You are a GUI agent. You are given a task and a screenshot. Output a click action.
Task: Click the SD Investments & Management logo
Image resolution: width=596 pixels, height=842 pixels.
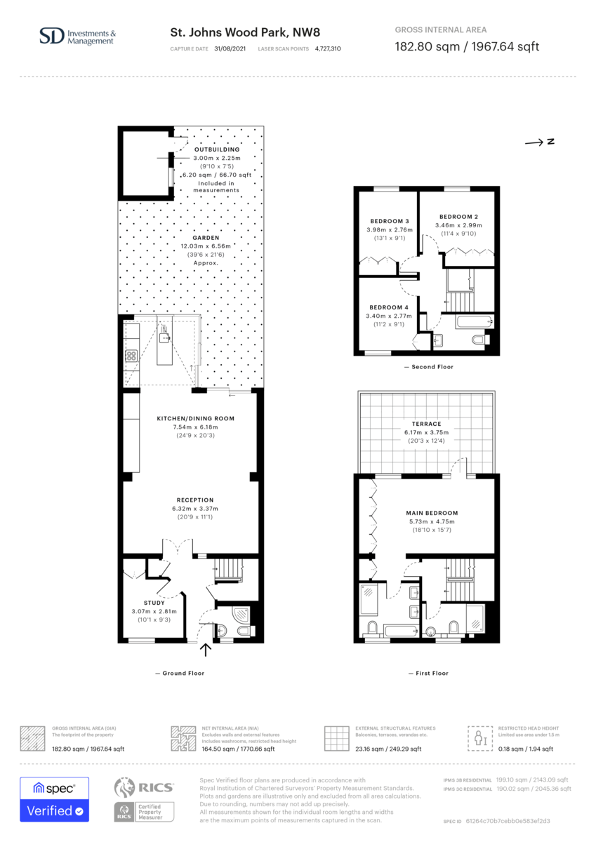pyautogui.click(x=77, y=36)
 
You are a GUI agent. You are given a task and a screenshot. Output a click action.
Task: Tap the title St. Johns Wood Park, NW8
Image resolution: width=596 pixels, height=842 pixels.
pyautogui.click(x=245, y=33)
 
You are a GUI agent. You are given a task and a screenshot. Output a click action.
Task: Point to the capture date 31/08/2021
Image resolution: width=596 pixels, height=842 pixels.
pyautogui.click(x=230, y=49)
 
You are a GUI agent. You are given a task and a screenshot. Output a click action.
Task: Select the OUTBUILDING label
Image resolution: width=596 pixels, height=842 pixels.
pyautogui.click(x=217, y=149)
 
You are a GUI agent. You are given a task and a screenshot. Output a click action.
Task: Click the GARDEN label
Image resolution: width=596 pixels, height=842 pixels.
pyautogui.click(x=206, y=238)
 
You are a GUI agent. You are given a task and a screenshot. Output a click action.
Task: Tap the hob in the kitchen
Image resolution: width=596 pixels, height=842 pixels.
pyautogui.click(x=131, y=356)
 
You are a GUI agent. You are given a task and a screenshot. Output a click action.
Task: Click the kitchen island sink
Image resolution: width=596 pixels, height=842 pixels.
pyautogui.click(x=164, y=338)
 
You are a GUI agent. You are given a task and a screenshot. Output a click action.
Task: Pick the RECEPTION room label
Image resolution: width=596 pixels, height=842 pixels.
pyautogui.click(x=195, y=500)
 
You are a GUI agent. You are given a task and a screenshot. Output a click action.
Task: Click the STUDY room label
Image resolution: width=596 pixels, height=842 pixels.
pyautogui.click(x=154, y=603)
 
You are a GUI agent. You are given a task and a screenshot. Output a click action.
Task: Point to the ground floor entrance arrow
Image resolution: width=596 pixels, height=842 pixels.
pyautogui.click(x=205, y=650)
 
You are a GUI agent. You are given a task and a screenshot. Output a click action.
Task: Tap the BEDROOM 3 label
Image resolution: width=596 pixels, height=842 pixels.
pyautogui.click(x=390, y=222)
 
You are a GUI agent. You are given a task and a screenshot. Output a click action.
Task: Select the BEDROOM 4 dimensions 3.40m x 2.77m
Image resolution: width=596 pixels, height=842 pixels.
pyautogui.click(x=389, y=316)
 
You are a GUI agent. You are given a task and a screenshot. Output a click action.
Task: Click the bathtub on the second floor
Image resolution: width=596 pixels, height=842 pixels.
pyautogui.click(x=474, y=322)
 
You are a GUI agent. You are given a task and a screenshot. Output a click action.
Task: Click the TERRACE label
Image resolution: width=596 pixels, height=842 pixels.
pyautogui.click(x=426, y=424)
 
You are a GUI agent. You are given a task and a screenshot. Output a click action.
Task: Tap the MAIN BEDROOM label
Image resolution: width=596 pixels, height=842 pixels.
pyautogui.click(x=432, y=513)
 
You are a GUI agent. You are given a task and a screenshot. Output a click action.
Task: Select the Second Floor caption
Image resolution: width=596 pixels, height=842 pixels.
pyautogui.click(x=432, y=367)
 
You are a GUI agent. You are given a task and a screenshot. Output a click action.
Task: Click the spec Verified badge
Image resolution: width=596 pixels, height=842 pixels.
pyautogui.click(x=55, y=799)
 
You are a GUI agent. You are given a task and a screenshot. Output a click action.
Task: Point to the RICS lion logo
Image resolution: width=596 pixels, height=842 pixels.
pyautogui.click(x=124, y=787)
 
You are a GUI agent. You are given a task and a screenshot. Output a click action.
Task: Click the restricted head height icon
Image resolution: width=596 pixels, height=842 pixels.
pyautogui.click(x=480, y=738)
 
